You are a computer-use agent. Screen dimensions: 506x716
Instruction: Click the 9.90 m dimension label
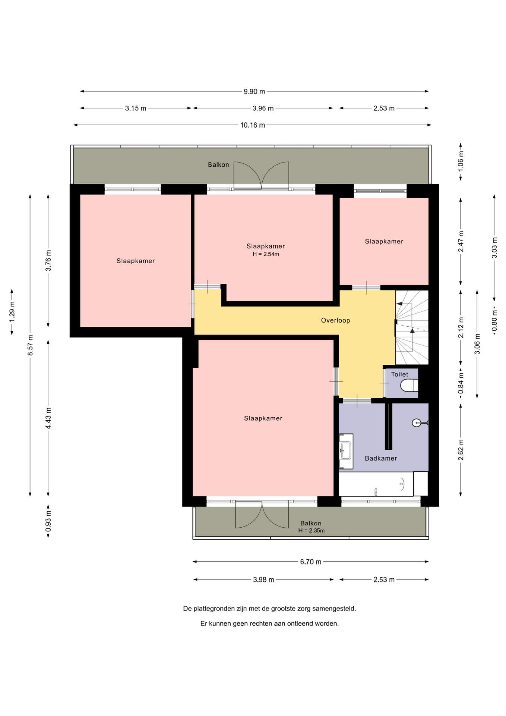[254, 91]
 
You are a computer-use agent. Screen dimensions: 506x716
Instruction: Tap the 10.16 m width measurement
[253, 125]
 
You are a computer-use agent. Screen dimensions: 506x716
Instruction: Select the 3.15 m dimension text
[136, 108]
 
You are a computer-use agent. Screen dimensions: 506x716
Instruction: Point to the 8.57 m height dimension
[31, 345]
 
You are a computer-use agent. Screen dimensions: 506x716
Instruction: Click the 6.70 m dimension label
[311, 562]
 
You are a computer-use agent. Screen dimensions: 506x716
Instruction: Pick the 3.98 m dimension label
[263, 580]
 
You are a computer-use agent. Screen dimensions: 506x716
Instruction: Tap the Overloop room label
[336, 320]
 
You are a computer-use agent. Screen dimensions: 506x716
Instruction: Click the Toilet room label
[399, 374]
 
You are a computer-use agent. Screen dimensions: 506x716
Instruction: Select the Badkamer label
[381, 458]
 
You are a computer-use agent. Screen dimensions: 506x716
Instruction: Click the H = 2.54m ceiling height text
[266, 254]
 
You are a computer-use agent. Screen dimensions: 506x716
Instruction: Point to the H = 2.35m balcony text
[311, 531]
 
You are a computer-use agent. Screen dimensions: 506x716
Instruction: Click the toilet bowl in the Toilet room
[409, 386]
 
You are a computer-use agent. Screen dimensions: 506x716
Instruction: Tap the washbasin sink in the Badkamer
[346, 451]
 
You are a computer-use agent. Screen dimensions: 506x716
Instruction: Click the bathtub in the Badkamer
[376, 484]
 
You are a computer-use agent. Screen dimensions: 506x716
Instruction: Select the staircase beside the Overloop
[412, 327]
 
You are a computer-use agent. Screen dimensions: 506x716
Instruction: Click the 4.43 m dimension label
[48, 418]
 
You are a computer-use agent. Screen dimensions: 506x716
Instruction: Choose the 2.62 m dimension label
[461, 450]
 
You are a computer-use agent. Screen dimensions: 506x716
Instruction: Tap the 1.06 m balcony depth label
[461, 161]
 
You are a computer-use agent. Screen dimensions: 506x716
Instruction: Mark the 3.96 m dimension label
[263, 108]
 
